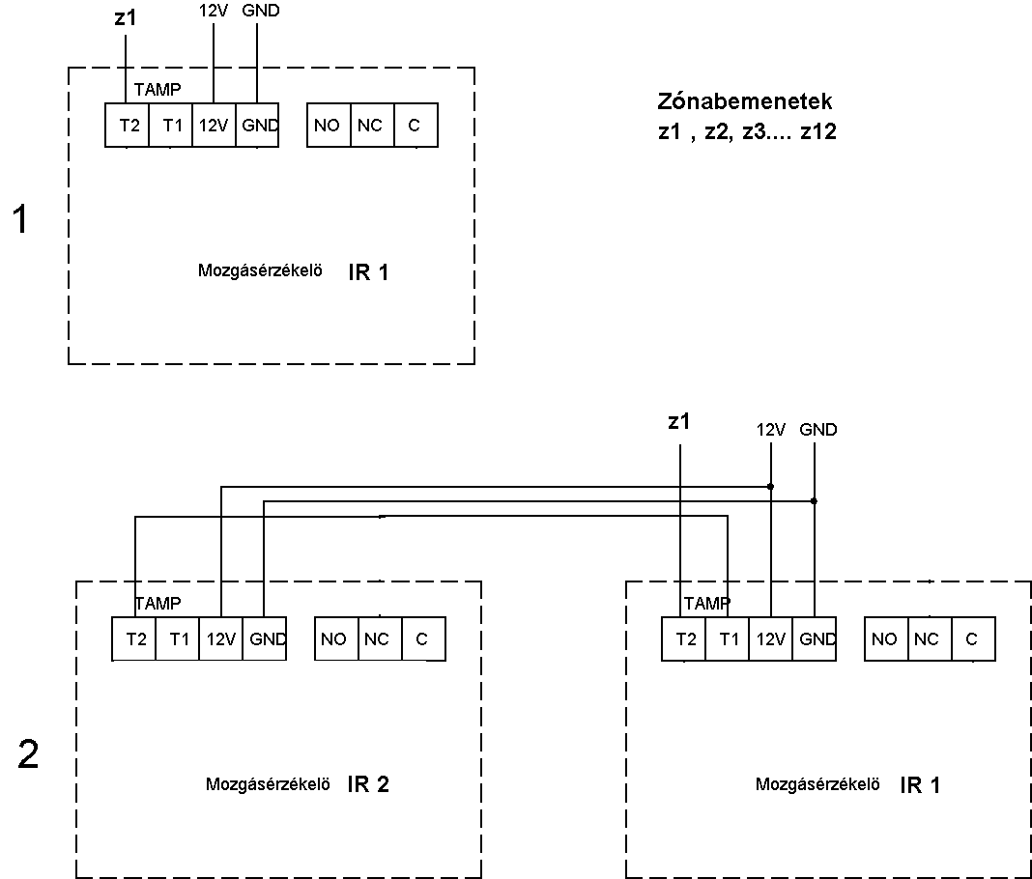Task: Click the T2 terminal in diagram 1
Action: pyautogui.click(x=127, y=125)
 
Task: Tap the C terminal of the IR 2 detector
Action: pyautogui.click(x=423, y=638)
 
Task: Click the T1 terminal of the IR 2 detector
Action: pyautogui.click(x=178, y=638)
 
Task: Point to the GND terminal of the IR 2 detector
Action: pyautogui.click(x=265, y=638)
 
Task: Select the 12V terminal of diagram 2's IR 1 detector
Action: pyautogui.click(x=771, y=638)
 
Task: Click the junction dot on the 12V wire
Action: pyautogui.click(x=771, y=487)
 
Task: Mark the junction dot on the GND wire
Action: pyautogui.click(x=815, y=501)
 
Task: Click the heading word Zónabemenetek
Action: pyautogui.click(x=744, y=101)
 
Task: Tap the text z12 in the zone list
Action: pyautogui.click(x=818, y=131)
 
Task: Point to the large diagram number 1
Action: pyautogui.click(x=21, y=219)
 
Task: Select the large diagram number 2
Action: pyautogui.click(x=28, y=754)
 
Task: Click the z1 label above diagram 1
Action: pyautogui.click(x=125, y=17)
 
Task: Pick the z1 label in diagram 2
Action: pyautogui.click(x=678, y=421)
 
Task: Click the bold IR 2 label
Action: pyautogui.click(x=368, y=784)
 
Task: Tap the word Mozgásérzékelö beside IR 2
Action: pyautogui.click(x=268, y=784)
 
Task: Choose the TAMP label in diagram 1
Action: pyautogui.click(x=158, y=90)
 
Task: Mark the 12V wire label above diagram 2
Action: pyautogui.click(x=771, y=430)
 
